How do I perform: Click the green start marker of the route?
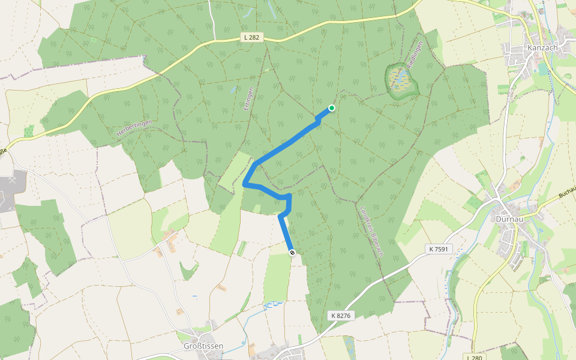331,108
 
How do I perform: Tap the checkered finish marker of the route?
292,253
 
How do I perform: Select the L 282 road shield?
252,37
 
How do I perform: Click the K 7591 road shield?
439,248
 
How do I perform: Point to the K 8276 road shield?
340,315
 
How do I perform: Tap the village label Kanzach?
542,48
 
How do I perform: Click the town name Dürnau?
511,219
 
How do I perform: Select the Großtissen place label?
203,346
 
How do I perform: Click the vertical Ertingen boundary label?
250,100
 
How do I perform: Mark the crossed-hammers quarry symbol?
12,180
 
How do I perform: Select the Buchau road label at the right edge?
566,192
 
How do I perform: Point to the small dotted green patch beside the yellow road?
29,131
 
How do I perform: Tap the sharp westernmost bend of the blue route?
245,185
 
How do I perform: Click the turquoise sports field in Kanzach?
544,69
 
